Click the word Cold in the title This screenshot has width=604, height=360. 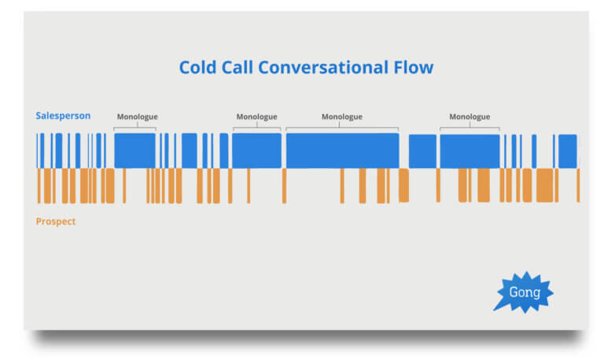tap(197, 68)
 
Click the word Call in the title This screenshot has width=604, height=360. tap(237, 68)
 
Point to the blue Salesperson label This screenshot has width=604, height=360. tap(63, 116)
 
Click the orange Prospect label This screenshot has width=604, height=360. tap(56, 222)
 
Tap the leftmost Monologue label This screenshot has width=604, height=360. tap(138, 116)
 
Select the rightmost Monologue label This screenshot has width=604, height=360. tap(470, 116)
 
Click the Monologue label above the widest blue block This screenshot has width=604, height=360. tap(342, 116)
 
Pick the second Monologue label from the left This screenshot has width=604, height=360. tap(257, 116)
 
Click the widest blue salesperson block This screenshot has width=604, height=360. tap(342, 151)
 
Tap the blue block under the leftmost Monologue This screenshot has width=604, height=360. tap(134, 151)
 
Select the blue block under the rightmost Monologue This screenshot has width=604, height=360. tap(470, 151)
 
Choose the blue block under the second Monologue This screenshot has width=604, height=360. tap(256, 151)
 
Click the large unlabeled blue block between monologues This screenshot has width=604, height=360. tap(422, 151)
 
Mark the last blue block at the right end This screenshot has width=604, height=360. tap(568, 151)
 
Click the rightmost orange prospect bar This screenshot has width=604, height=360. tap(578, 186)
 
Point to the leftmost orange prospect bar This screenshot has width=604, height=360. tap(39, 186)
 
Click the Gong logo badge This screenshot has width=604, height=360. tap(524, 292)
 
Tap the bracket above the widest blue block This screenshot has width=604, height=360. tap(342, 127)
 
